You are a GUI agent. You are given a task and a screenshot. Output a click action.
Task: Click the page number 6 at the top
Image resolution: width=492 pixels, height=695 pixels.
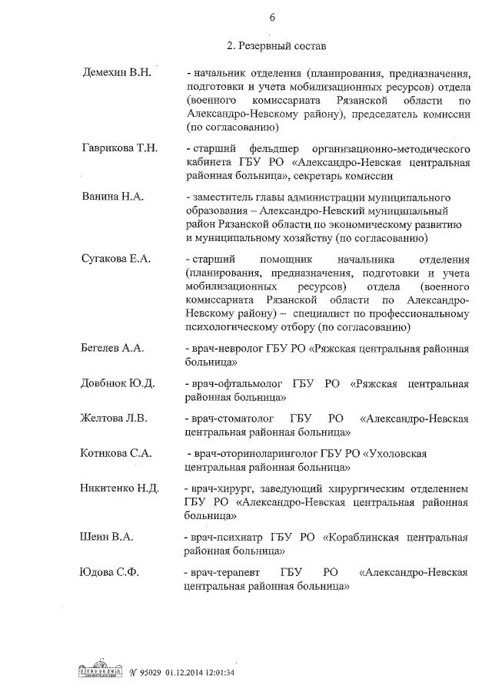pyautogui.click(x=272, y=18)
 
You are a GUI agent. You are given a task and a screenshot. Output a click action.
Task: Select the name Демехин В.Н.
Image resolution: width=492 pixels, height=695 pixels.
pyautogui.click(x=117, y=72)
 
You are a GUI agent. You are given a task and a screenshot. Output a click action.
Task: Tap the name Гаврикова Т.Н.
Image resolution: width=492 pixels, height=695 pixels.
pyautogui.click(x=119, y=147)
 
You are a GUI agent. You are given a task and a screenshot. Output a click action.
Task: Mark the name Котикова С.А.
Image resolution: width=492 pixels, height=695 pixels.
pyautogui.click(x=116, y=453)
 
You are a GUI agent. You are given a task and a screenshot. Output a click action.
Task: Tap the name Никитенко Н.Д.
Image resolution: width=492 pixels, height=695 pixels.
pyautogui.click(x=119, y=488)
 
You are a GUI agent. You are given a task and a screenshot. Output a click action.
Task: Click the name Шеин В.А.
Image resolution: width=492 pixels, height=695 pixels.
pyautogui.click(x=107, y=537)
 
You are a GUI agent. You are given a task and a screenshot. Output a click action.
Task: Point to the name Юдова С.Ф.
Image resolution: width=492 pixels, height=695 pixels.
pyautogui.click(x=111, y=572)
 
